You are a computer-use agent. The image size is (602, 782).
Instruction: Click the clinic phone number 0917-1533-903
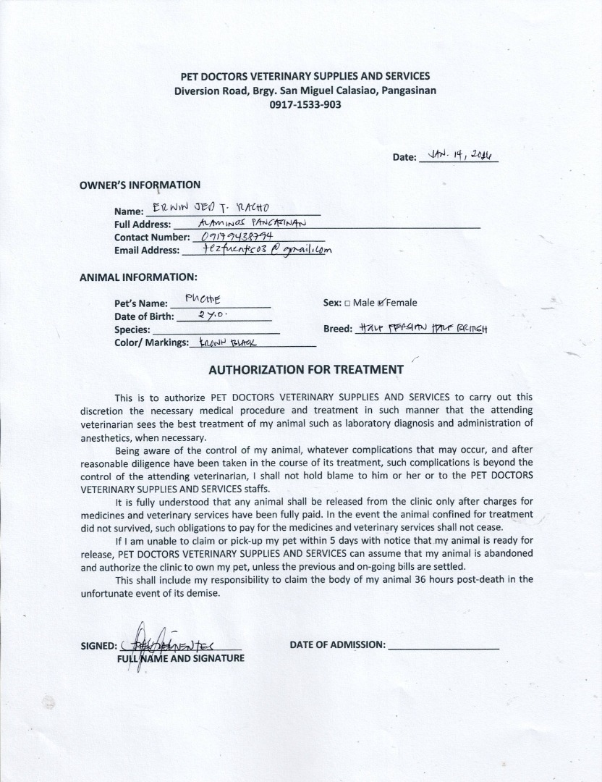click(x=305, y=104)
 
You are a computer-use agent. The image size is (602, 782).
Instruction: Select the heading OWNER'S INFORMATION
click(x=140, y=185)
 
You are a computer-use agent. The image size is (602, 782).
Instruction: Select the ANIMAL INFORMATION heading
click(x=137, y=277)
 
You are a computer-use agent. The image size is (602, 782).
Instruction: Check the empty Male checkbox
click(x=347, y=303)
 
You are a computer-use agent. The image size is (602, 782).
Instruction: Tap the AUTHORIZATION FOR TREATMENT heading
click(x=306, y=369)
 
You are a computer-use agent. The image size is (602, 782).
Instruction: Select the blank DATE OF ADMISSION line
click(x=444, y=645)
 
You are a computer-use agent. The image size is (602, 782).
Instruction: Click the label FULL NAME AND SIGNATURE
click(x=181, y=658)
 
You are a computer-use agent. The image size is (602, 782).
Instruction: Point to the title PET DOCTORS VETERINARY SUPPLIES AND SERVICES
click(x=305, y=76)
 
